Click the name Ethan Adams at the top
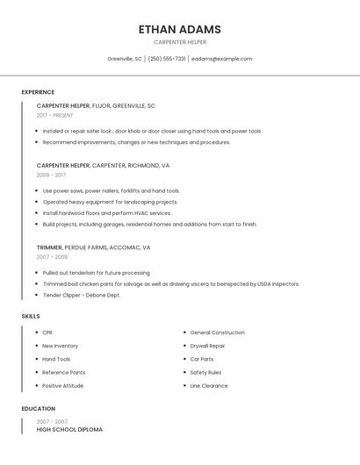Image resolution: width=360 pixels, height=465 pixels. [x=179, y=29]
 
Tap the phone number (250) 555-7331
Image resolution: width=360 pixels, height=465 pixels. [x=167, y=59]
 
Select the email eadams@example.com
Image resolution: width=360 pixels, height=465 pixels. [x=221, y=59]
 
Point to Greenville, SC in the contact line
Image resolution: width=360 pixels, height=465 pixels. [x=124, y=59]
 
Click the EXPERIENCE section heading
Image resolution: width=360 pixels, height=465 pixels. [x=38, y=92]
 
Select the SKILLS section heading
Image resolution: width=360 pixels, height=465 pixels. [x=31, y=316]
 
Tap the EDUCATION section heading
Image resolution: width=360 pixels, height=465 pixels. [x=39, y=409]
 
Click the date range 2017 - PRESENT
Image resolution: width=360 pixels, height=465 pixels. [x=54, y=115]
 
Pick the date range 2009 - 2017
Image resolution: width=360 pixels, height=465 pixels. [x=51, y=175]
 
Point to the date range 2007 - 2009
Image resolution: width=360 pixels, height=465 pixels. [x=52, y=257]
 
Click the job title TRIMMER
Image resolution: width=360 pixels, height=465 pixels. [x=49, y=247]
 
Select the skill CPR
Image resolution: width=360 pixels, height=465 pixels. [x=47, y=333]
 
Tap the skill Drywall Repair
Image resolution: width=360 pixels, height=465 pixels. [x=207, y=346]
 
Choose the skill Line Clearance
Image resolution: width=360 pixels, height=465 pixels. [x=208, y=385]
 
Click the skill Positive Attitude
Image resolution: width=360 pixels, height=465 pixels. [x=62, y=385]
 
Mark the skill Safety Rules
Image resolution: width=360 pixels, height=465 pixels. [x=205, y=372]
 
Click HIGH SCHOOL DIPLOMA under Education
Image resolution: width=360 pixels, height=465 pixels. [x=69, y=430]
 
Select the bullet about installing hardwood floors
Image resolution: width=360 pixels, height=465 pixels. [x=106, y=213]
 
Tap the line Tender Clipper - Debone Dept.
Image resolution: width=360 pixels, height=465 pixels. [x=82, y=295]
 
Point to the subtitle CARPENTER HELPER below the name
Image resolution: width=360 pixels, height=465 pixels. [x=179, y=42]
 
